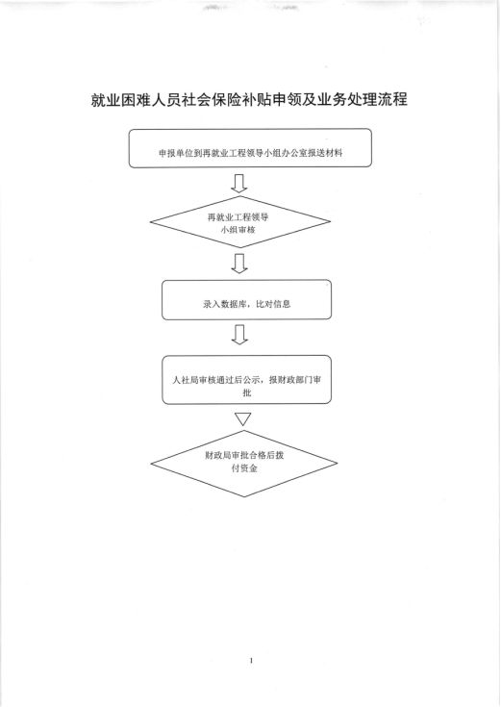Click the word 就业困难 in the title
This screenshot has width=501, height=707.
[x=121, y=100]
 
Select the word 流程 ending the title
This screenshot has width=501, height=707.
[x=392, y=100]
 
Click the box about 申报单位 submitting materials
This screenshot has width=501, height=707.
[x=250, y=148]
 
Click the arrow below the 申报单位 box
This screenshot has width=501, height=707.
[x=239, y=183]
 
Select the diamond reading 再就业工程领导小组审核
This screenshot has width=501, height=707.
[x=240, y=221]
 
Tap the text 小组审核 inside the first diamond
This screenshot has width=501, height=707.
[x=238, y=230]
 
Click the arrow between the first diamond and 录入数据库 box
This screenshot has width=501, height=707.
[x=239, y=264]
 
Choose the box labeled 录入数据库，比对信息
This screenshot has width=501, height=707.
[x=247, y=300]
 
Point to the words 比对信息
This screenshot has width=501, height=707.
[x=273, y=304]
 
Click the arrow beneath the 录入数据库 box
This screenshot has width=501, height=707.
[x=239, y=335]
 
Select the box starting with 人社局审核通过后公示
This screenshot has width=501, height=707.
[x=247, y=380]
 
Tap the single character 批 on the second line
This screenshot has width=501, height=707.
[x=247, y=393]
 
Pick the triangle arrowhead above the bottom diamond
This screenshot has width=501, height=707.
[x=243, y=418]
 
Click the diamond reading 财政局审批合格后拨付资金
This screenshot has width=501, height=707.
[x=244, y=464]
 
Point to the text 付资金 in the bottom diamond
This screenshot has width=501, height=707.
[x=244, y=469]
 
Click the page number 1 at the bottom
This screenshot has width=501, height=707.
[x=251, y=661]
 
